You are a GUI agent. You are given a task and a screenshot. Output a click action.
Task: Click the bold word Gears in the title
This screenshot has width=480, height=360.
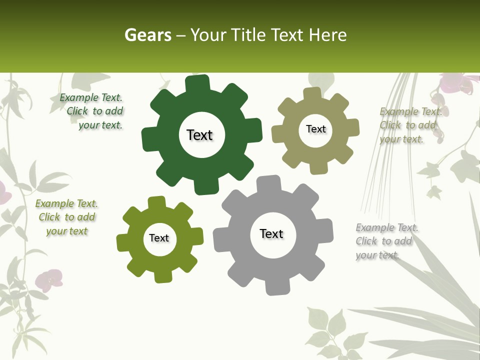[147, 35]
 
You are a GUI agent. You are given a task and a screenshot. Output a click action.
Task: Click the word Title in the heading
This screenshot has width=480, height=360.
[248, 35]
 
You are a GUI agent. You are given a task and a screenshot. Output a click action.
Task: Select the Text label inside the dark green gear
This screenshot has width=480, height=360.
[199, 135]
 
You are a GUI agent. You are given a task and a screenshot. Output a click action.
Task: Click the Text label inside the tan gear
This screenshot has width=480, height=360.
[315, 129]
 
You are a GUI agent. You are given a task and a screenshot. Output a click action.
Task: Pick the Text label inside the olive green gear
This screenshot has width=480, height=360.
[159, 238]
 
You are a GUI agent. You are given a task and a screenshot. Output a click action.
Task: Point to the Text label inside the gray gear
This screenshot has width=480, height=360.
[271, 233]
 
